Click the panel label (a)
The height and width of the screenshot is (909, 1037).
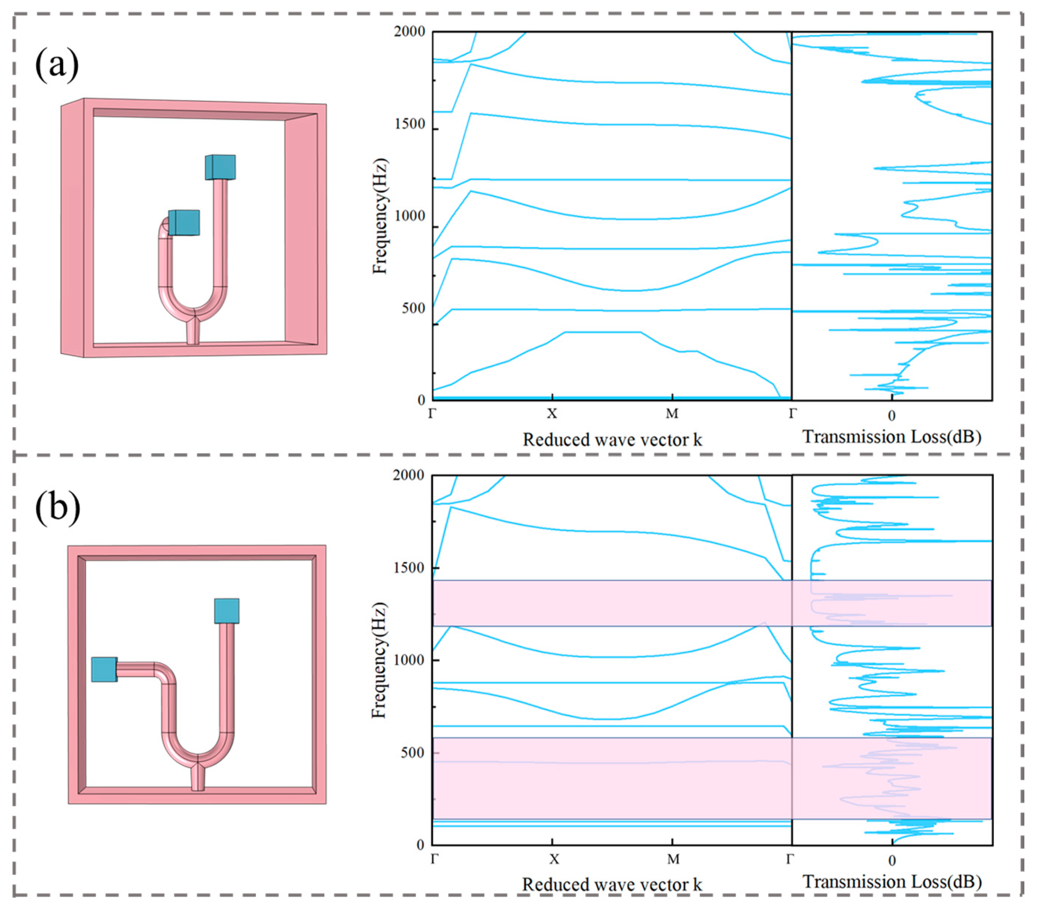click(x=57, y=64)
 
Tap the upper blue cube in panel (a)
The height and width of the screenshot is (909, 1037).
click(x=220, y=168)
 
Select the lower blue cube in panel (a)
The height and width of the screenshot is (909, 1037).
click(x=184, y=223)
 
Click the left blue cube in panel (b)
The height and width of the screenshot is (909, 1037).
click(x=104, y=669)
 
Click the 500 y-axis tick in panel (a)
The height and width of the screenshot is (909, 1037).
click(x=414, y=308)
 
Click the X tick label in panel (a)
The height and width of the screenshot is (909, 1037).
click(x=552, y=414)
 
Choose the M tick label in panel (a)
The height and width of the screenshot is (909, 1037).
click(x=672, y=414)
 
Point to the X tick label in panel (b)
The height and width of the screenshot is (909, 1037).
click(x=553, y=859)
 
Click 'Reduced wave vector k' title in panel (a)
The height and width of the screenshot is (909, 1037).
click(x=612, y=439)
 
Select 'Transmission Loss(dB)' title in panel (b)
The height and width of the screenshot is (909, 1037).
click(x=892, y=882)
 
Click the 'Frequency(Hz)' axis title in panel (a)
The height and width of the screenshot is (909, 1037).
click(x=380, y=217)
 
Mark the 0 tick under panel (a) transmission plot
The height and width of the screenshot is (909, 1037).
click(x=892, y=416)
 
